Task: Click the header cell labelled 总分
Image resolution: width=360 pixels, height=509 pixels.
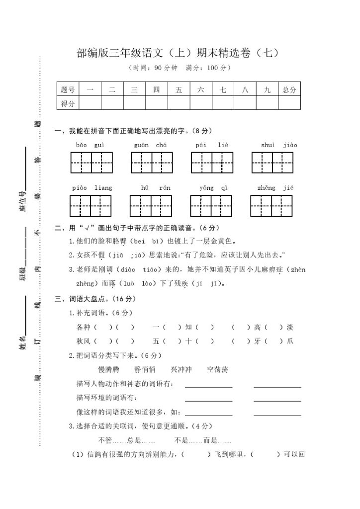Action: (x=289, y=90)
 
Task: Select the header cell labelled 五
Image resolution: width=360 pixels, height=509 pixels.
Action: (x=179, y=90)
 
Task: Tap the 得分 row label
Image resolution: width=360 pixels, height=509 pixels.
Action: (x=68, y=103)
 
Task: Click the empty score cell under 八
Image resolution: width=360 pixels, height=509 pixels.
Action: (x=245, y=103)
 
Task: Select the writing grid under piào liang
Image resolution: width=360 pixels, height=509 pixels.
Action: (x=90, y=206)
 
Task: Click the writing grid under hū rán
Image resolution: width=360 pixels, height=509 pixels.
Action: (x=151, y=206)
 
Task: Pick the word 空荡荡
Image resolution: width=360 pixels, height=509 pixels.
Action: (x=217, y=369)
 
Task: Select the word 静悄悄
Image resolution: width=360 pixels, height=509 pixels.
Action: (x=145, y=369)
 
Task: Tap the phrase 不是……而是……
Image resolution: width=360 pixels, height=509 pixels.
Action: (x=203, y=440)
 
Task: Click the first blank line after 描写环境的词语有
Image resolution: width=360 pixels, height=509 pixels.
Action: (x=208, y=398)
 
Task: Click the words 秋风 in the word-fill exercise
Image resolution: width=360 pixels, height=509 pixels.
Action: (x=84, y=341)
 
